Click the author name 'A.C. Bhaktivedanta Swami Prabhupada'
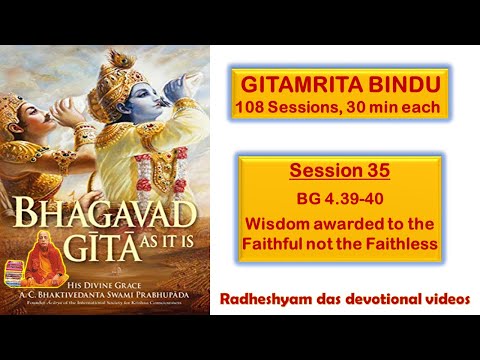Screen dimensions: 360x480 point(140,298)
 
